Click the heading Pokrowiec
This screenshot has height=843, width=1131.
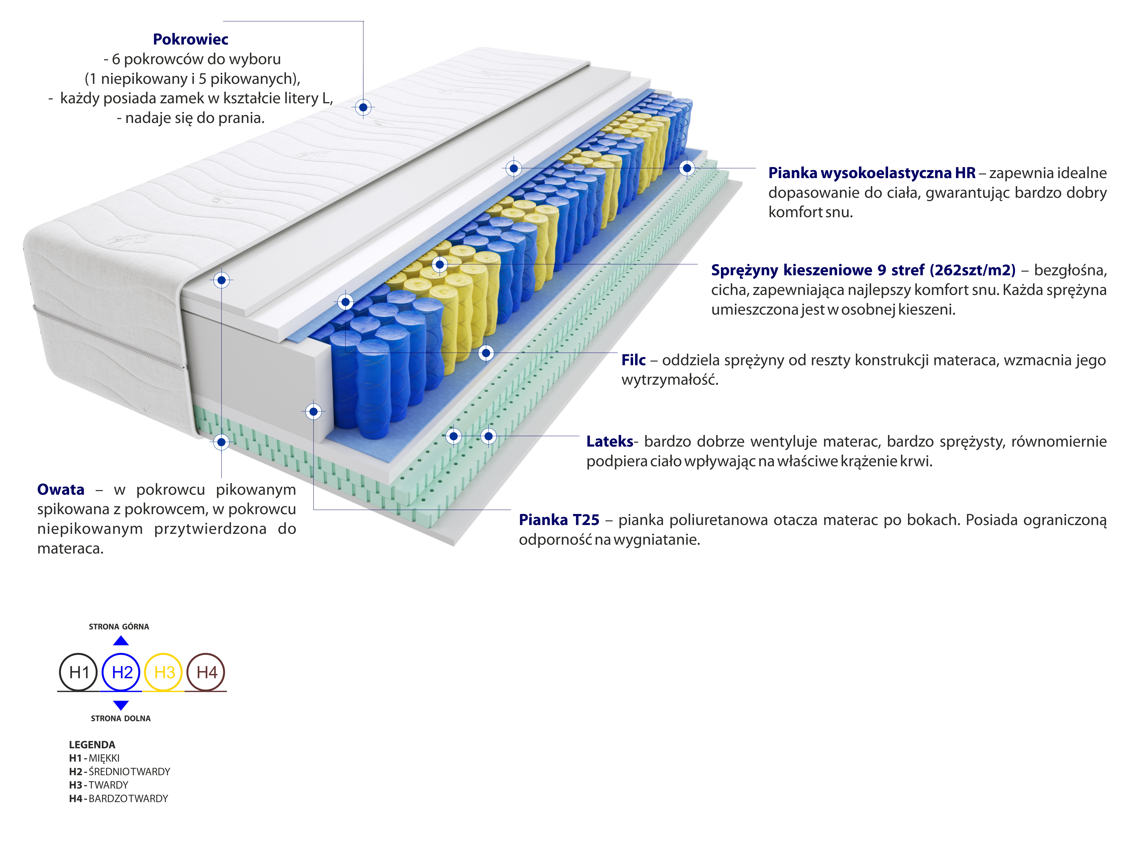(x=190, y=39)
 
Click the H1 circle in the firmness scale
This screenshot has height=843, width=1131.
(x=79, y=672)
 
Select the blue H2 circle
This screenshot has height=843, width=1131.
(x=121, y=672)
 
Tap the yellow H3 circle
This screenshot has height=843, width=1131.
(x=164, y=672)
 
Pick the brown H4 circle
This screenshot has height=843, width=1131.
(x=206, y=672)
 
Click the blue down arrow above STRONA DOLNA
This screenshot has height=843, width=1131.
(x=121, y=705)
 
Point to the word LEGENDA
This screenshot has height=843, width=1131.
(x=92, y=744)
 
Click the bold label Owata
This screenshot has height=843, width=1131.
(x=61, y=489)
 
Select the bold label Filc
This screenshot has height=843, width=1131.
(x=633, y=360)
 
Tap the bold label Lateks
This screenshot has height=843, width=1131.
(x=609, y=441)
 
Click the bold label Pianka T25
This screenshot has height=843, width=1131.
(x=559, y=520)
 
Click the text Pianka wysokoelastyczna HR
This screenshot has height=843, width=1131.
(x=872, y=173)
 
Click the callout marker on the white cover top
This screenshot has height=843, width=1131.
(x=363, y=107)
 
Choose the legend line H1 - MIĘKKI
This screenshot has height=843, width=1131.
(x=95, y=758)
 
